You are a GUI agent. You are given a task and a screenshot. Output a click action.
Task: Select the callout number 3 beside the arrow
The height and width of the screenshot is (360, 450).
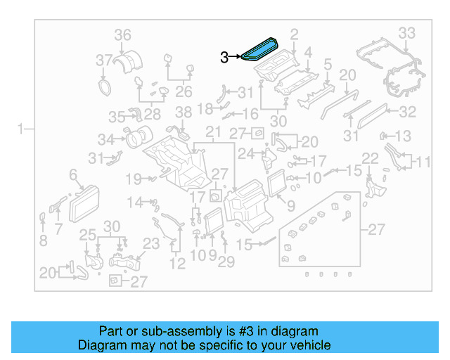point(224,58)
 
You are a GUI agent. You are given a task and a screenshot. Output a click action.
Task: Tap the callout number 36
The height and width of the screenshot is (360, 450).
point(122,35)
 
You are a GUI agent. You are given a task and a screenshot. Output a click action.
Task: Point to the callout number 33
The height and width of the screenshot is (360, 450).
point(407,32)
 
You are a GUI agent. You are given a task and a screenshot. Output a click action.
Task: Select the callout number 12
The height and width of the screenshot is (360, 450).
point(177,264)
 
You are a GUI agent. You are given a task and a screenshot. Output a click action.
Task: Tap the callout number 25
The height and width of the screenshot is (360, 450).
point(86,234)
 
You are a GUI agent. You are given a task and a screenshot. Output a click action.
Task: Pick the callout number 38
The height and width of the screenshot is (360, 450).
point(183,112)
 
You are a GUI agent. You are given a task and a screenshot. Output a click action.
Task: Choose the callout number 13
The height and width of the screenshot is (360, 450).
point(403,136)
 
